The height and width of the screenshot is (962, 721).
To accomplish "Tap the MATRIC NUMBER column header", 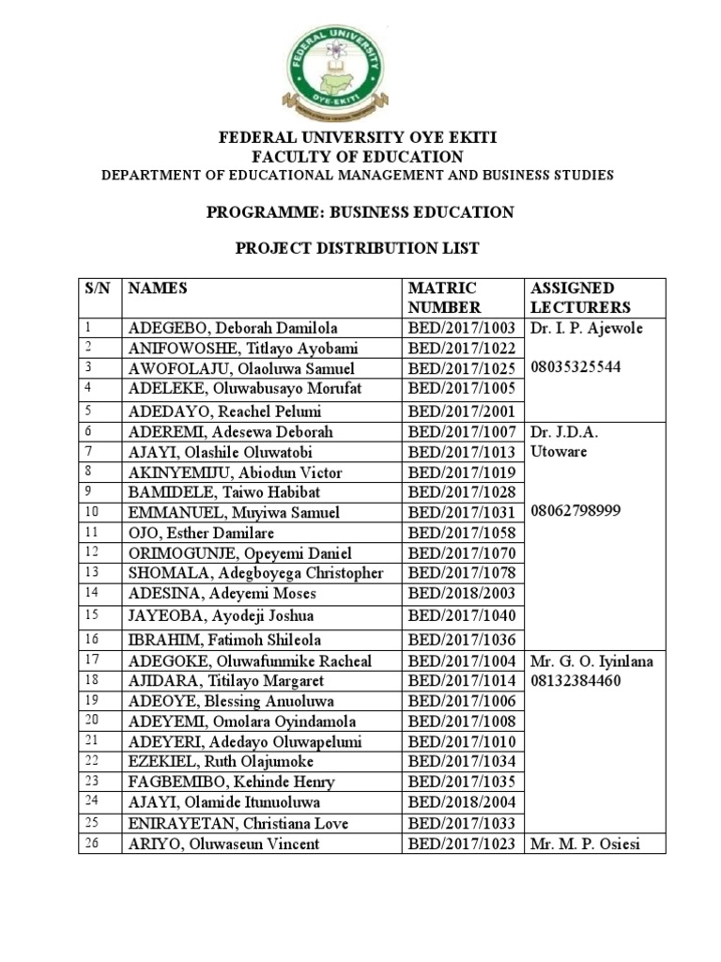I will point(442,297).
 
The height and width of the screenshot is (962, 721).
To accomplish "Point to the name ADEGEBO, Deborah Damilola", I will point(232,328).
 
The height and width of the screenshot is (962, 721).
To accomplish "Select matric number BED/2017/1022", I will point(462,348).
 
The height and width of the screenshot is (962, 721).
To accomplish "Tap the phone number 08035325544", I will point(575,367).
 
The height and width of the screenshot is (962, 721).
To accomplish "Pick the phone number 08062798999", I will point(575,512).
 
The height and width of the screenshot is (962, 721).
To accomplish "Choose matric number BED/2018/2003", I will point(462,593).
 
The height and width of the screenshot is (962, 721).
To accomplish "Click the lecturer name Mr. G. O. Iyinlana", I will point(591,660).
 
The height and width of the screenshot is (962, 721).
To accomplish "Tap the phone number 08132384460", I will point(575,680).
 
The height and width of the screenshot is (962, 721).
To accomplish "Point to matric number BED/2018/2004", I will point(462,801).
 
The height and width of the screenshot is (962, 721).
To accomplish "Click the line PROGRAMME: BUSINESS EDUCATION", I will point(360,212).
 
